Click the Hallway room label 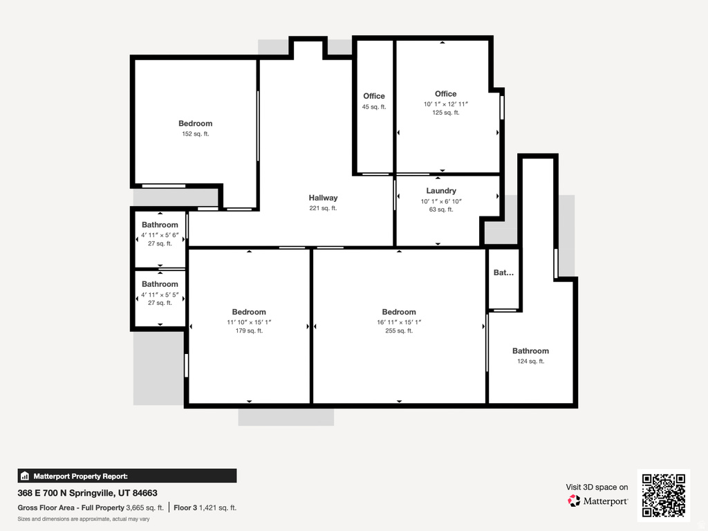pos(323,198)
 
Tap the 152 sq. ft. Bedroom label pos(195,124)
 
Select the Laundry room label pos(441,191)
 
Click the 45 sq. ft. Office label pos(374,96)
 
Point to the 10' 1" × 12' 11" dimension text pos(446,104)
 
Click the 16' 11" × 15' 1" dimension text pos(399,322)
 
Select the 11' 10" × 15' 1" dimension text pos(249,322)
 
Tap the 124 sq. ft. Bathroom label pos(530,351)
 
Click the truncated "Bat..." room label pos(503,273)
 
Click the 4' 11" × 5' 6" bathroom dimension pos(160,234)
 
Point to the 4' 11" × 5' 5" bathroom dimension pos(160,294)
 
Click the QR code pos(664,495)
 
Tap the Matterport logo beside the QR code pos(597,501)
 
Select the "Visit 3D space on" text pos(597,487)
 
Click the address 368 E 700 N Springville pos(87,494)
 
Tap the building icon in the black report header pos(25,476)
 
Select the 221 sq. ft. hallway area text pos(323,208)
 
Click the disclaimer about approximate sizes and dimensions pos(84,519)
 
